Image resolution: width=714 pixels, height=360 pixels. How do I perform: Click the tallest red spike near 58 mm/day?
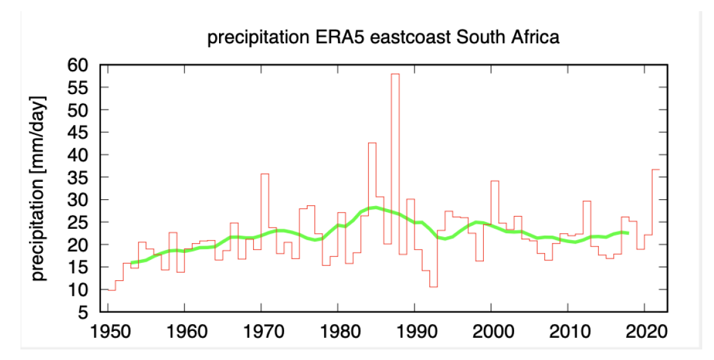(395, 74)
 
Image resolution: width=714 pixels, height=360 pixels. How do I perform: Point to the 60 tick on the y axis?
(82, 65)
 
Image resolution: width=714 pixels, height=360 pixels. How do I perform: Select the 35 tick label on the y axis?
(82, 178)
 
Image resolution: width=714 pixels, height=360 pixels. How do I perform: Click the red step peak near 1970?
(264, 174)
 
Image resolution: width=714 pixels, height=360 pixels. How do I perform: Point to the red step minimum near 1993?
(433, 286)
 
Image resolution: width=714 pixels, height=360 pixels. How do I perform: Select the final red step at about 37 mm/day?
(655, 169)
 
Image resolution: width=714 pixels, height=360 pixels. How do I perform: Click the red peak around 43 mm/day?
(372, 143)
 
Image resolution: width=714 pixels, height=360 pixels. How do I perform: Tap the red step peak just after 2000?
(494, 181)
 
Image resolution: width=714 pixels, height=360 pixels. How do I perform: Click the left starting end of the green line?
(132, 263)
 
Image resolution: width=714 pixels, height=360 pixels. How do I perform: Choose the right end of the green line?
(628, 233)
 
